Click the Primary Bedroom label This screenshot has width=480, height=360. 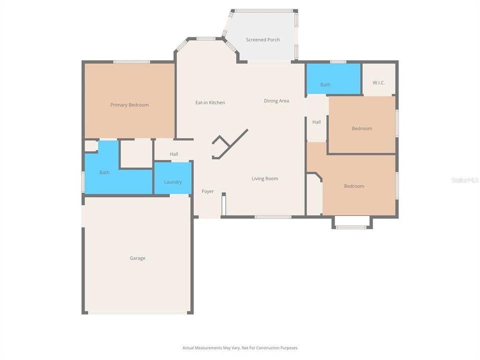click(129, 105)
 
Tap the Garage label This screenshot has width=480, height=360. click(137, 258)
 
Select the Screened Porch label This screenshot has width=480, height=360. click(263, 39)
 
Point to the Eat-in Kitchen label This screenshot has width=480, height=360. click(210, 102)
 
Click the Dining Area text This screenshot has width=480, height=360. click(276, 101)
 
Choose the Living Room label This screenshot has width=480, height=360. click(264, 178)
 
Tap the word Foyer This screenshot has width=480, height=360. click(207, 191)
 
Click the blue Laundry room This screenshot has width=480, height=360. click(172, 178)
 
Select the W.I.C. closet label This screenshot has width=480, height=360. click(378, 82)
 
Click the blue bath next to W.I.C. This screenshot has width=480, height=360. click(333, 78)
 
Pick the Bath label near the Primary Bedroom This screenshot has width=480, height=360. click(104, 172)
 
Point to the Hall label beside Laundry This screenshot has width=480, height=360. click(174, 154)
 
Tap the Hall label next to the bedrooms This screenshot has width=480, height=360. click(316, 122)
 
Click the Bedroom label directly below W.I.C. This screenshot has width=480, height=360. click(362, 128)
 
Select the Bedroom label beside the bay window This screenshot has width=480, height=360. click(354, 186)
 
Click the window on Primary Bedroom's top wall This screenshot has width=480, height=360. click(131, 61)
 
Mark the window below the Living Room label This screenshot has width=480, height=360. click(273, 217)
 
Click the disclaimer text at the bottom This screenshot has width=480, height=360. click(240, 347)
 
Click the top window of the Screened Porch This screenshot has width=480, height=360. click(264, 10)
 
